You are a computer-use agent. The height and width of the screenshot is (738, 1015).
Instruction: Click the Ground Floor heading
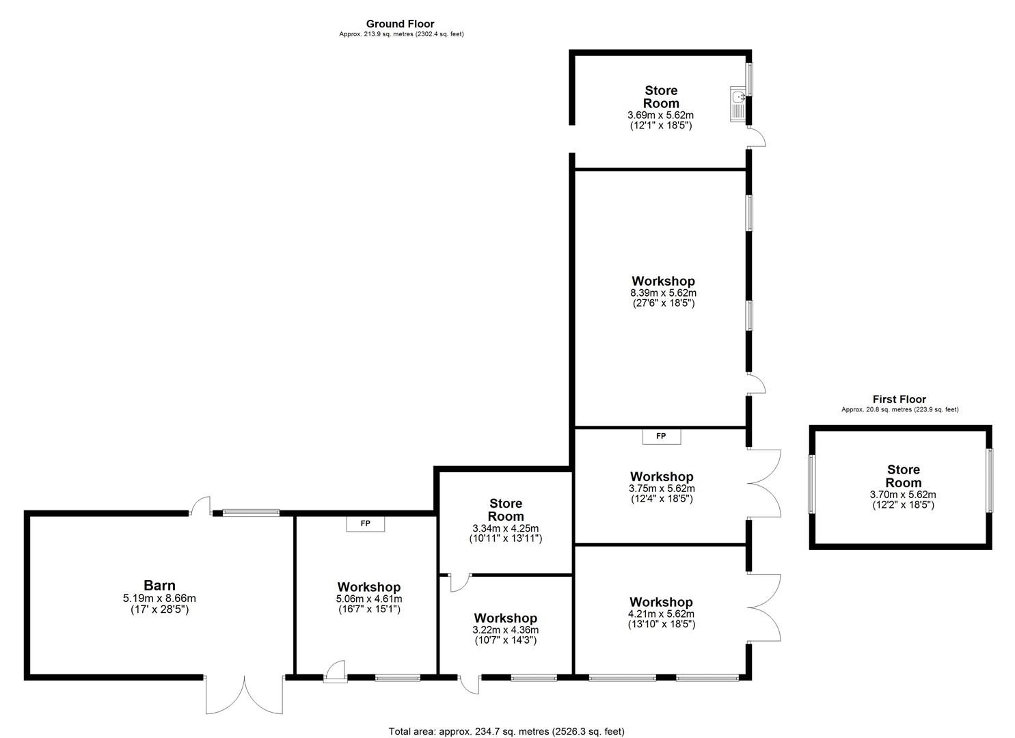(400, 24)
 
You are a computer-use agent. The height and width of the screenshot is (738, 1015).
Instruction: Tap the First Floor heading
(899, 399)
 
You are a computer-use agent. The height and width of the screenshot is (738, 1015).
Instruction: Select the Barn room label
(159, 586)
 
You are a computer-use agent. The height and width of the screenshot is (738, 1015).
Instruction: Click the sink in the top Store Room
(738, 104)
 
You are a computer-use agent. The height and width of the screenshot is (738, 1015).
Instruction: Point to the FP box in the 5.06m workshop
(366, 524)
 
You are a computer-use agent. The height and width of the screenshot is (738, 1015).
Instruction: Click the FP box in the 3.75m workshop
(661, 436)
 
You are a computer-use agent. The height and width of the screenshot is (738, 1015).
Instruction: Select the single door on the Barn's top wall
(201, 506)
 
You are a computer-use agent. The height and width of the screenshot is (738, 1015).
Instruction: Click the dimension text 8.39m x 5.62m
(662, 293)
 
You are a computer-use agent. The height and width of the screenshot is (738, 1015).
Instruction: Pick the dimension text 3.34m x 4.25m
(505, 528)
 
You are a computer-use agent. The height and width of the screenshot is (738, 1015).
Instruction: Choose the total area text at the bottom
(506, 731)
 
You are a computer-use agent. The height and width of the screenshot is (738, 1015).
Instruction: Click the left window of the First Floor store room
(811, 484)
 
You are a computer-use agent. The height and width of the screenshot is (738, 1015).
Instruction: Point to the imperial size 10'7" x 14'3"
(505, 640)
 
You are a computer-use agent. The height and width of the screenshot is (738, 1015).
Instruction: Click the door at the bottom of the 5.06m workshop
(335, 671)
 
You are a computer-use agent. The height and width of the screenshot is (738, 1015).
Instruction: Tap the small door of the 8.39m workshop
(757, 384)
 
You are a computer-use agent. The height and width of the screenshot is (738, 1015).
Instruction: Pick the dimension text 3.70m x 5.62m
(902, 495)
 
